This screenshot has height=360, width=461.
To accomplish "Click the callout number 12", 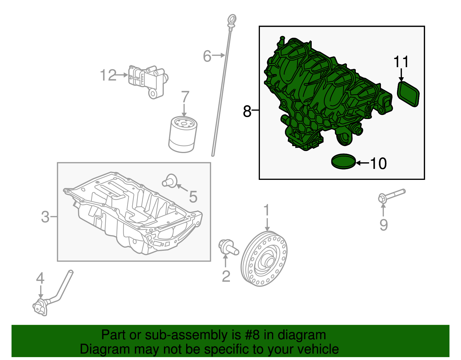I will tap(108, 75).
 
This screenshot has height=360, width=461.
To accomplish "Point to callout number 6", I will tap(207, 56).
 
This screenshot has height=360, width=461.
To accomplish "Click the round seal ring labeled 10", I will tap(343, 162).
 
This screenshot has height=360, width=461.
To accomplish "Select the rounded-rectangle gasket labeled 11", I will tap(408, 94).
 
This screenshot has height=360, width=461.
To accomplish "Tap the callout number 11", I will tap(401, 62).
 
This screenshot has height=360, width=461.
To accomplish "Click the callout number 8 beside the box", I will tap(247, 111).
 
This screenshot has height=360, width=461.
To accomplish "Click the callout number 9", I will tap(383, 225).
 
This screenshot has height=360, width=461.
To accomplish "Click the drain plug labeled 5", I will tap(170, 181).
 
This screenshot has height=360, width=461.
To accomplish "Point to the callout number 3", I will tap(45, 217).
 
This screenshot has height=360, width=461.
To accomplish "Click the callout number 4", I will tap(40, 278).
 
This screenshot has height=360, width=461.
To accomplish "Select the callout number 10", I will tap(378, 163).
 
